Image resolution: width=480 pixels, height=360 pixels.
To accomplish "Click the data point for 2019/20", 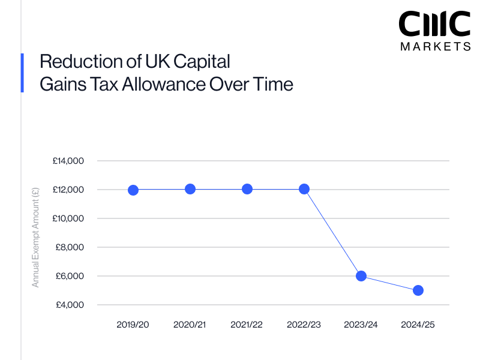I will (133, 190).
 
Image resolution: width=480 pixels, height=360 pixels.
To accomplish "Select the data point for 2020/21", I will (190, 189).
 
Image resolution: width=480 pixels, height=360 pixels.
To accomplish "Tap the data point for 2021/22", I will (247, 189).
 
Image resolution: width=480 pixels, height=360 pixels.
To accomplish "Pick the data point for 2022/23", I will (304, 189).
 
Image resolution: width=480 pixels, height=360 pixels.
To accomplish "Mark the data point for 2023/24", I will (361, 276).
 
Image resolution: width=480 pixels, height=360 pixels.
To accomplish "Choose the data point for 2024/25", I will (418, 290).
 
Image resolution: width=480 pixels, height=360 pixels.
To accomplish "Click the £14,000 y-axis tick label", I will (68, 161).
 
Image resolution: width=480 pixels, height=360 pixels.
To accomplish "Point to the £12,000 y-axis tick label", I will (68, 190).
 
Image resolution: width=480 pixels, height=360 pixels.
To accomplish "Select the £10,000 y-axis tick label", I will (68, 218).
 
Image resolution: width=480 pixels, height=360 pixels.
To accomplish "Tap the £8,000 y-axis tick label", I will (70, 247).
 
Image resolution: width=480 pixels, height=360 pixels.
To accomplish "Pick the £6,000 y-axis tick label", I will (70, 276).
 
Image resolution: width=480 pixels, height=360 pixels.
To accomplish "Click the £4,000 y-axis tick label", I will (70, 305).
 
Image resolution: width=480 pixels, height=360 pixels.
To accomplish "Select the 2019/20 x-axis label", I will (133, 325).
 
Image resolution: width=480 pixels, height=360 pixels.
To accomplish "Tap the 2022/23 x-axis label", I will (304, 325).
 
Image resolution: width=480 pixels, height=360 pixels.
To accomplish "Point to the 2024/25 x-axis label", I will (418, 325).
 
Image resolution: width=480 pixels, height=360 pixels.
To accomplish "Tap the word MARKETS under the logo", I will (435, 47).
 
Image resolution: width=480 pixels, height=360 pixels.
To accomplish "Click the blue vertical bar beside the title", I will (22, 73).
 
